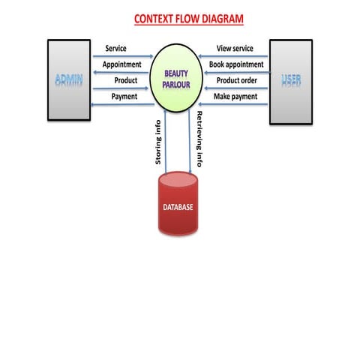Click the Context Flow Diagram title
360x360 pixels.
point(189,19)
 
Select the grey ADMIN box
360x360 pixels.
point(69,80)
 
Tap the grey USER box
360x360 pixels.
point(291,82)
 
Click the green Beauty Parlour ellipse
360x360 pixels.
point(176,78)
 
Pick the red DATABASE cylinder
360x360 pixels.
point(178,203)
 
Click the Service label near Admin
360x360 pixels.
point(115,48)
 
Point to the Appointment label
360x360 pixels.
point(122,64)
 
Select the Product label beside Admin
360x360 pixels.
point(126,80)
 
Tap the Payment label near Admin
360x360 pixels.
point(124,97)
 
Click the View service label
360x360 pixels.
point(235,48)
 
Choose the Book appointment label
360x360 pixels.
point(236,64)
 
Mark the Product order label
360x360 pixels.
point(237,80)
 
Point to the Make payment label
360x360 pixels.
point(235,97)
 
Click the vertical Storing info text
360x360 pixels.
point(158,142)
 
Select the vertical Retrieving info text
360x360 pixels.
point(199,139)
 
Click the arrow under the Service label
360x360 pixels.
point(123,56)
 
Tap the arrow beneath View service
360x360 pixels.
point(233,56)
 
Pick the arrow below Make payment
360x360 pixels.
point(233,104)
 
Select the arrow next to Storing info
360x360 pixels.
point(165,141)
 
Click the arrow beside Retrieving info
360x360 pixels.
point(190,141)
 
